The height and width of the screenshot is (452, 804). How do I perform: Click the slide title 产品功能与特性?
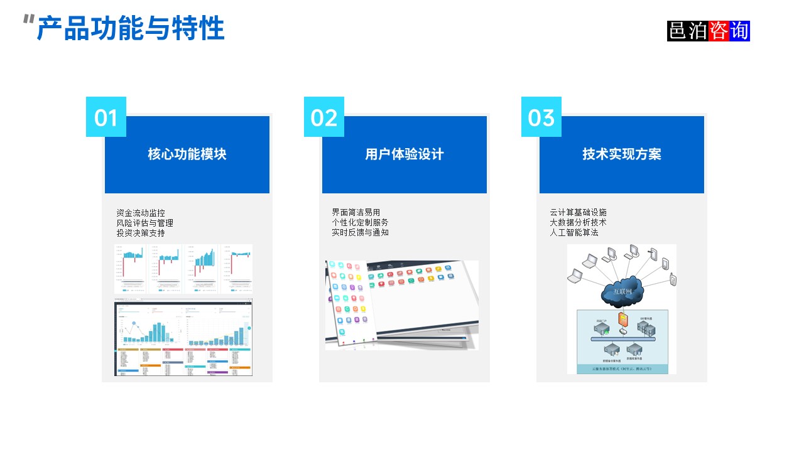coord(131,29)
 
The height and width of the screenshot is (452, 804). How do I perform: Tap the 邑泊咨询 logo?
coord(709,31)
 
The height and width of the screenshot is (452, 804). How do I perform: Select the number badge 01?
coord(106,117)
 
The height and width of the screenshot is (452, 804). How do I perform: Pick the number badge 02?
coord(324,117)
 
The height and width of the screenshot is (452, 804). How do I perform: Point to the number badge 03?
coord(541,117)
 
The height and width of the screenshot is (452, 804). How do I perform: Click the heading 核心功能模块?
coord(187,154)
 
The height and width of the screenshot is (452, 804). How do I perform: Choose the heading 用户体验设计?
coord(405,154)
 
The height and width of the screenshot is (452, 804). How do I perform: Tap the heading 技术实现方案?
coord(622,154)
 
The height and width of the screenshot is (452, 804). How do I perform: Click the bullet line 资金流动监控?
coord(141,213)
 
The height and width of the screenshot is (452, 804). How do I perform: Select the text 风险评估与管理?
coord(145,223)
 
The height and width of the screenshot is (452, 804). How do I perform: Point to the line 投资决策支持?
coord(141,233)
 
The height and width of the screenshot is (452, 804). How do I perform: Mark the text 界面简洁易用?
coord(356,213)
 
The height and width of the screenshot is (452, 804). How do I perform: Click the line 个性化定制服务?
coord(361,223)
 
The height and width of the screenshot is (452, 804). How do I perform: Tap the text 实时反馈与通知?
coord(361,233)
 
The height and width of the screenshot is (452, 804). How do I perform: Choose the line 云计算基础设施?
coord(579,213)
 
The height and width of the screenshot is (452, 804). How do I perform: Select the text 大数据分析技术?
coord(579,223)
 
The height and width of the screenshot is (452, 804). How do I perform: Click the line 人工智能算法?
coord(574,233)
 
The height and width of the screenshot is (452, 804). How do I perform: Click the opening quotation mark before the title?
coord(28,20)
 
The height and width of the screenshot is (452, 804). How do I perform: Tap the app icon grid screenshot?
coord(402,304)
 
